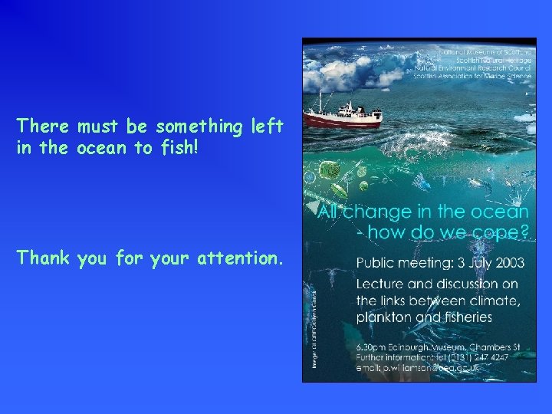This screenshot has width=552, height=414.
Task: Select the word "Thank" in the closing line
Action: pyautogui.click(x=42, y=259)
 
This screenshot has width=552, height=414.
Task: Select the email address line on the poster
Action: pyautogui.click(x=419, y=368)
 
